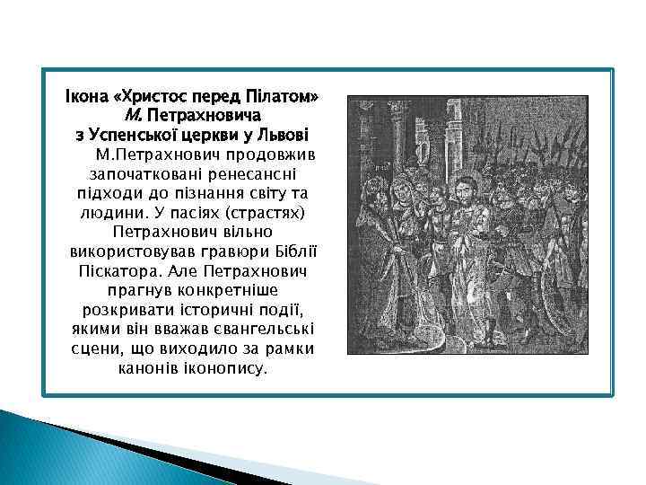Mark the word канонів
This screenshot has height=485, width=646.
(149, 369)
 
